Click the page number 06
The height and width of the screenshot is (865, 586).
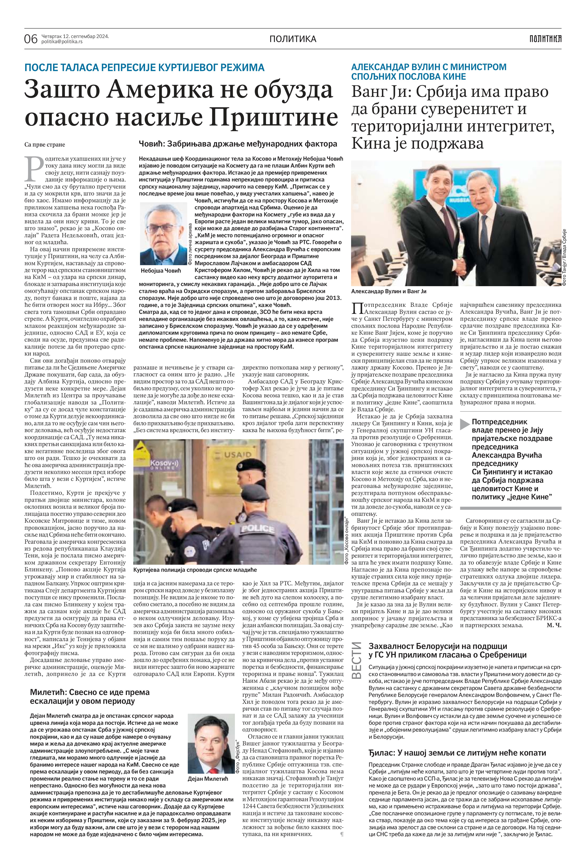coord(31,39)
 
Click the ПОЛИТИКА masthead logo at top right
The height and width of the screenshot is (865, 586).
coord(545,38)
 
